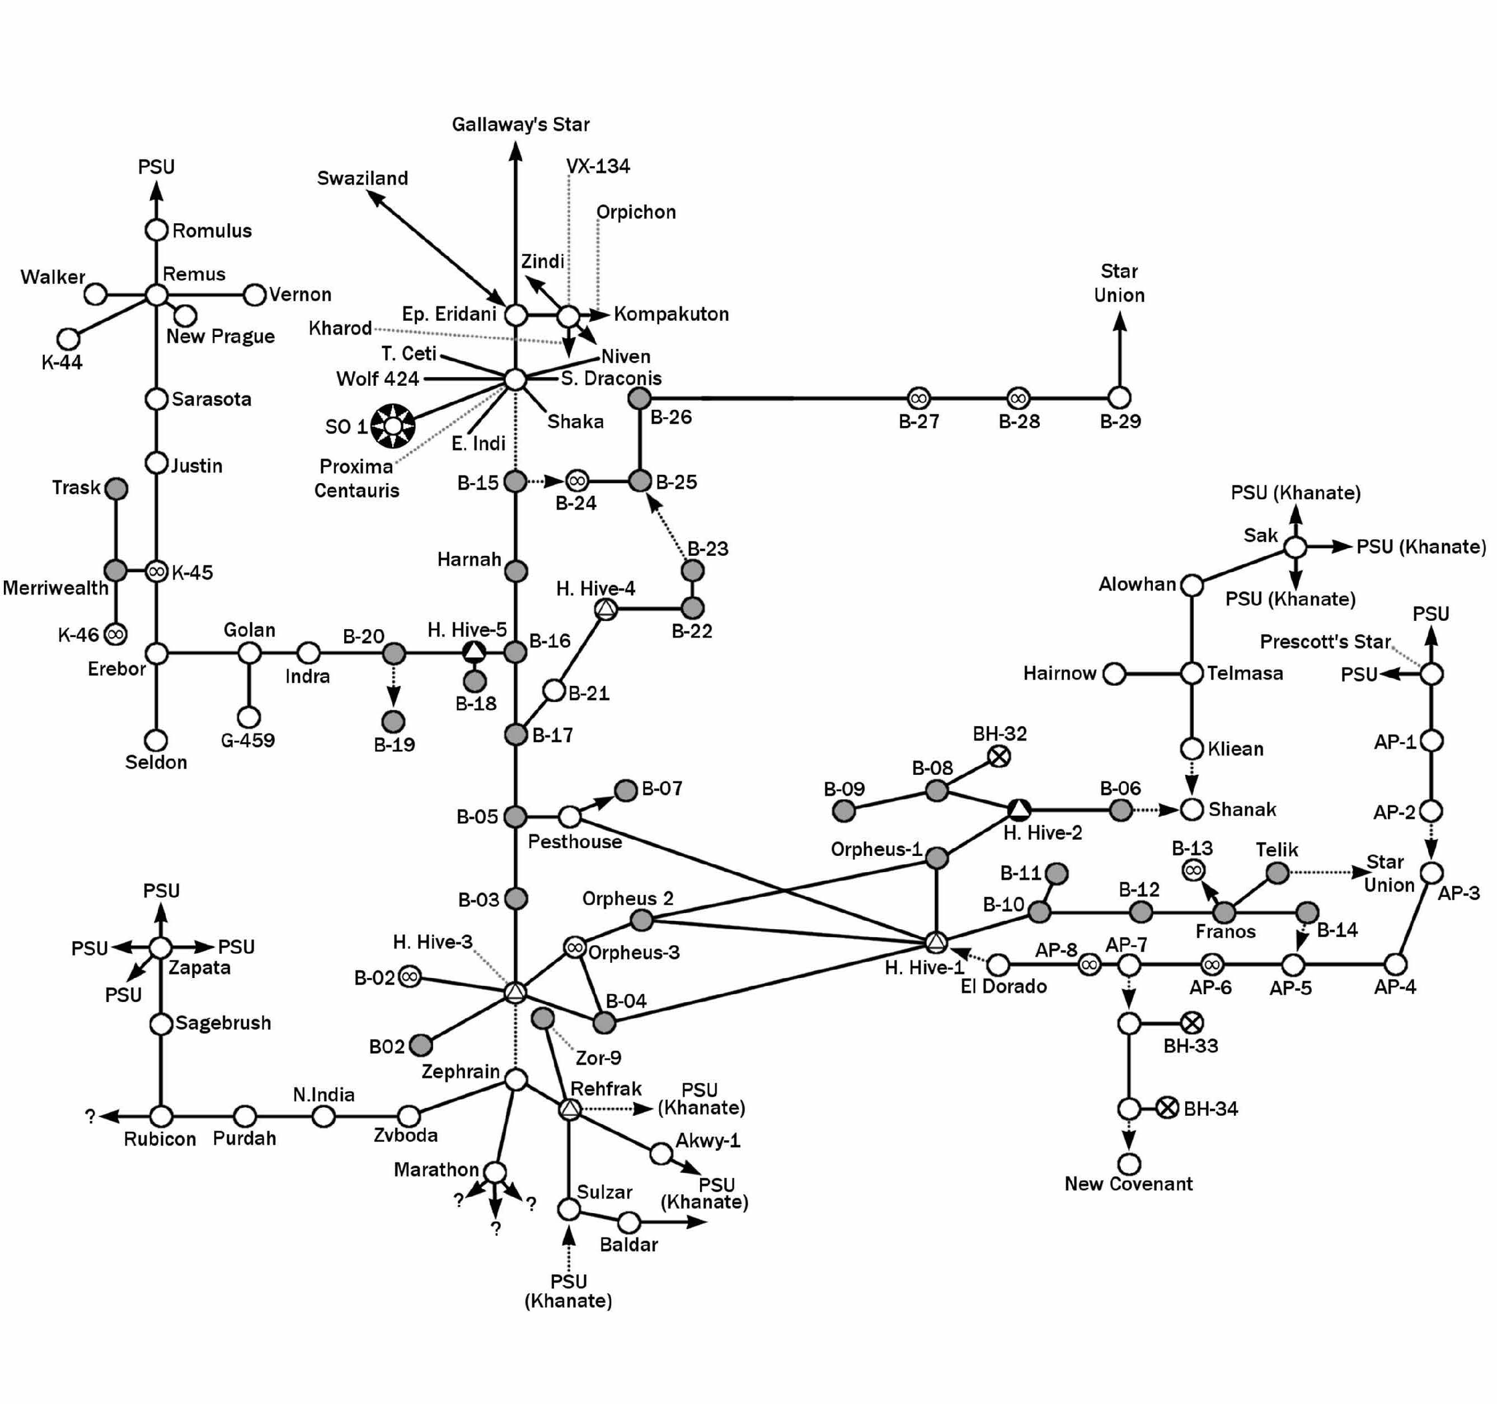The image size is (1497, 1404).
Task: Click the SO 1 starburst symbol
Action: [x=393, y=427]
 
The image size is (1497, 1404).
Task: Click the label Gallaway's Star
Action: [x=520, y=124]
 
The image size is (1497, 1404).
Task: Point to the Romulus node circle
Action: [x=156, y=230]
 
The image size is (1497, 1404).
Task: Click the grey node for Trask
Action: [x=116, y=488]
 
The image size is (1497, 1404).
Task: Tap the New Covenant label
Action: [x=1128, y=1183]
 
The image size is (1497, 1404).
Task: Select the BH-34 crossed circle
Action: [x=1167, y=1108]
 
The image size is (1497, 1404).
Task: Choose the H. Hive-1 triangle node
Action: [x=935, y=942]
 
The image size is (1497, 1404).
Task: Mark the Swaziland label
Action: [x=362, y=179]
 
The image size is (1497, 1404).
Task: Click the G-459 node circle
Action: [x=248, y=717]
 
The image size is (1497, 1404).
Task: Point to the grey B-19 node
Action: [x=393, y=722]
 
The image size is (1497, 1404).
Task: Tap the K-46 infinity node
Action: [x=115, y=634]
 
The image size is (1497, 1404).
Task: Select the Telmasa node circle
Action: [x=1191, y=673]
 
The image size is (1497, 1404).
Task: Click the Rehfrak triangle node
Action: [x=570, y=1108]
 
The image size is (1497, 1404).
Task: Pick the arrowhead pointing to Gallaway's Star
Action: [x=516, y=152]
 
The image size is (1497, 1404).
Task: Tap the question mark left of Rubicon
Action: [x=90, y=1116]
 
